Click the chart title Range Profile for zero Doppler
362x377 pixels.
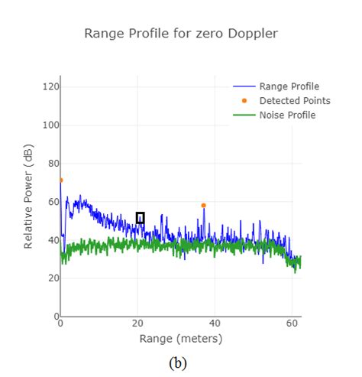[x=180, y=33]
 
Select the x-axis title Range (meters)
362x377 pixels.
[x=180, y=338]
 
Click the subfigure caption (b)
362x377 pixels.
[x=176, y=362]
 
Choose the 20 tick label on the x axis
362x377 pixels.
[x=137, y=323]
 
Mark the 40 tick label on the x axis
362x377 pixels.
[x=215, y=323]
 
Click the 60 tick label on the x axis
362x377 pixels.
[x=292, y=323]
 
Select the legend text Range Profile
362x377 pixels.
[x=289, y=86]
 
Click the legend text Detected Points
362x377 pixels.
[x=295, y=101]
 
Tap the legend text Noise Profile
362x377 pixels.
[x=287, y=115]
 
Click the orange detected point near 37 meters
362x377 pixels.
[x=203, y=205]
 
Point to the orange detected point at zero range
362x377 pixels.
[x=61, y=180]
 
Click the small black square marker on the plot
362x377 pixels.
[x=140, y=218]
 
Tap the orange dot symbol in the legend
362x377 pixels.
[x=244, y=101]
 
